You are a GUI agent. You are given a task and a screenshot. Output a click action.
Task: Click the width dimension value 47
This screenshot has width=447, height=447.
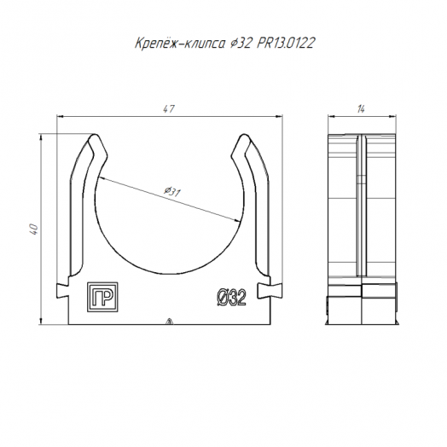(x=169, y=109)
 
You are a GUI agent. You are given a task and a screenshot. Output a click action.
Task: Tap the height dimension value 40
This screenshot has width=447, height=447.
(x=34, y=229)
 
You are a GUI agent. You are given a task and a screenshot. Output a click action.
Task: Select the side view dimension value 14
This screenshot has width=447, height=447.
(x=361, y=109)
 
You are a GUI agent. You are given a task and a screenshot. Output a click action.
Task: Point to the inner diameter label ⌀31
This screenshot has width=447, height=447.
(x=172, y=192)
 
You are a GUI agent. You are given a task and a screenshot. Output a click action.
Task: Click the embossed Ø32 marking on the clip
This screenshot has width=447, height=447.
(x=231, y=297)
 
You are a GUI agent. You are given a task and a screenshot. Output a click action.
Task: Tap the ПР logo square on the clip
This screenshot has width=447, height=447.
(x=102, y=297)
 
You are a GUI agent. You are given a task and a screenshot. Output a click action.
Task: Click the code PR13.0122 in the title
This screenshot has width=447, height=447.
(x=286, y=43)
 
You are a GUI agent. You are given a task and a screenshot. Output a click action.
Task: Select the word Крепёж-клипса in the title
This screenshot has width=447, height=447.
(x=180, y=44)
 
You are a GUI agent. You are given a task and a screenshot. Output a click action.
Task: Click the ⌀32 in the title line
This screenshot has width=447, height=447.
(x=241, y=43)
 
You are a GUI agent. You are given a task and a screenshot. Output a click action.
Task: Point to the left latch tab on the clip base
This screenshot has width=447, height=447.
(x=63, y=291)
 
